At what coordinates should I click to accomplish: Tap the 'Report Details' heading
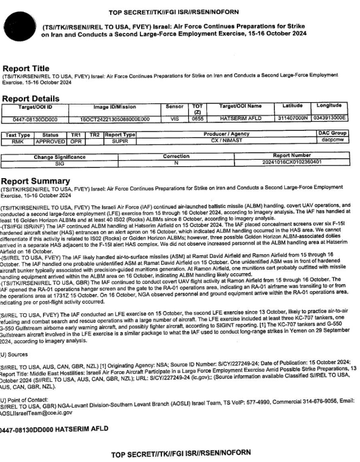tap(31, 98)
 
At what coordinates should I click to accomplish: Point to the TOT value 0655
tap(198, 119)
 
